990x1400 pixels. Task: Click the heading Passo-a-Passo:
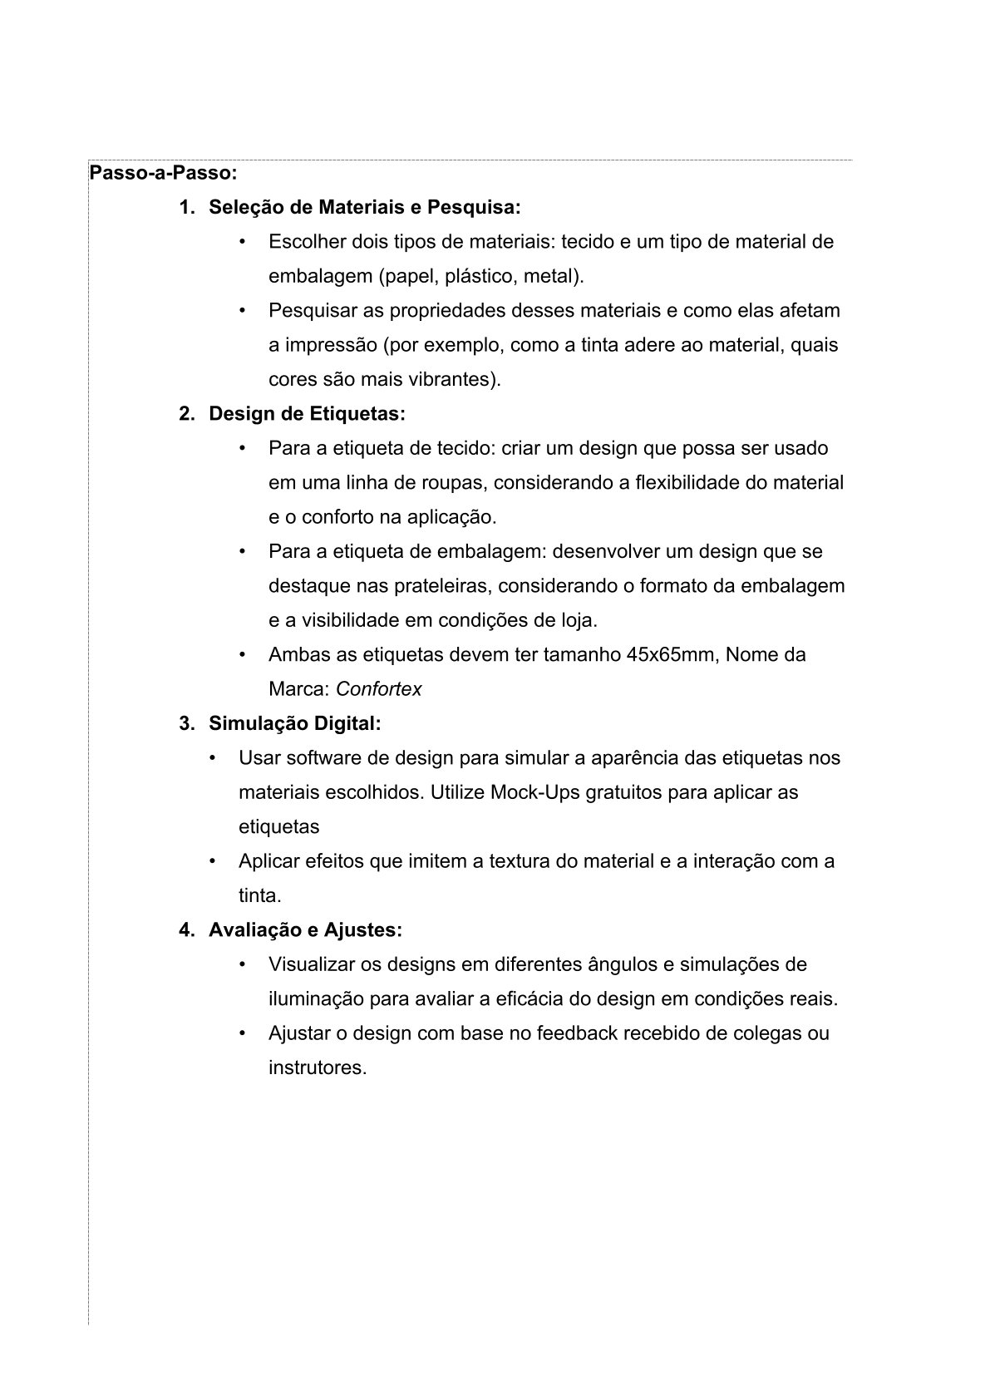(x=163, y=173)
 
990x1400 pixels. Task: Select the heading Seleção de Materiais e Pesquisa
(x=364, y=207)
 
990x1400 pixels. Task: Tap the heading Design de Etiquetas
(x=307, y=413)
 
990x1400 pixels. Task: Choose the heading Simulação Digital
(x=294, y=723)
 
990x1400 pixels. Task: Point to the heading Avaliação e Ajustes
(x=305, y=929)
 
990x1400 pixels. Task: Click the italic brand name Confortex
(x=378, y=689)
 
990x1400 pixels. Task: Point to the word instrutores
(x=317, y=1067)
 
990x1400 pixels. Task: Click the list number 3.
(x=185, y=723)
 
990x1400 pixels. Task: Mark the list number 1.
(x=185, y=207)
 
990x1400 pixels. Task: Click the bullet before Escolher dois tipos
(x=243, y=242)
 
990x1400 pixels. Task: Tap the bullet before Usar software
(x=213, y=758)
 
